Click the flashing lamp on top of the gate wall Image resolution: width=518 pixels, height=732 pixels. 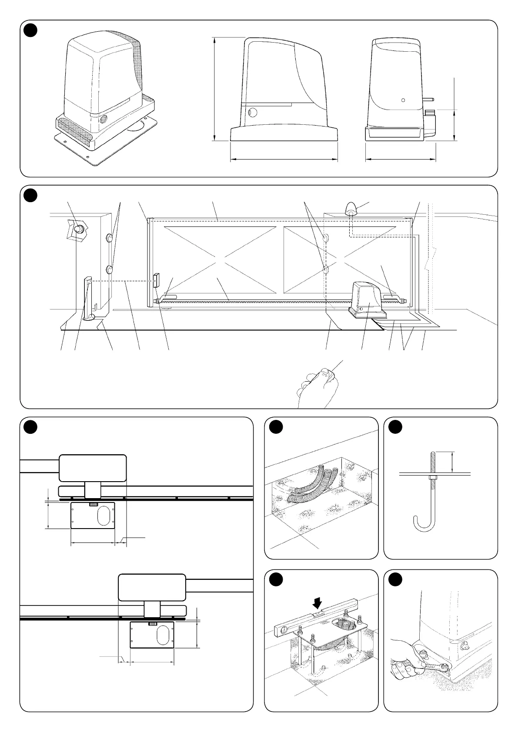pos(351,209)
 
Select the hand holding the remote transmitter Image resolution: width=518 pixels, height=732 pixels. pos(317,385)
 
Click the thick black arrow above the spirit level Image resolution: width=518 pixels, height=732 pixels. pos(318,602)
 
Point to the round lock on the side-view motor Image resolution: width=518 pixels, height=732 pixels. pos(252,113)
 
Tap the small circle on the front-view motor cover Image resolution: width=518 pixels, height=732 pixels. pos(403,100)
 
